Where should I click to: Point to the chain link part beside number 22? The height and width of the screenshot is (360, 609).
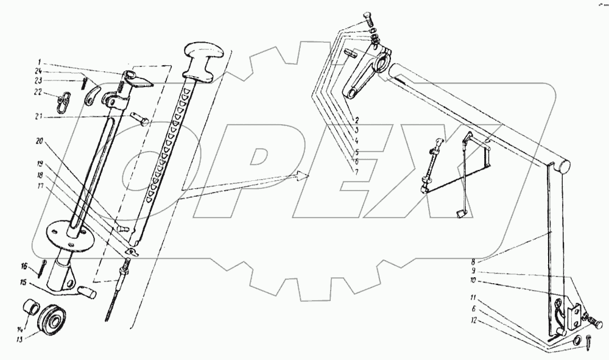65,100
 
